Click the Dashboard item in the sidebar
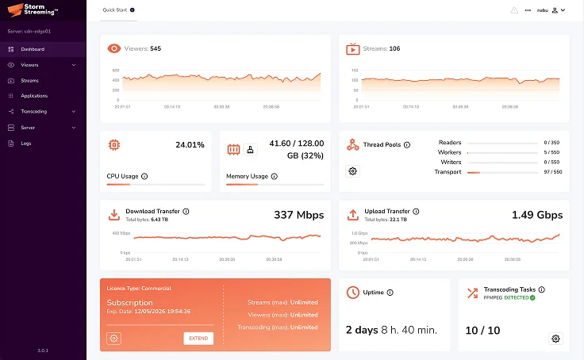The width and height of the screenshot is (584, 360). coord(32,49)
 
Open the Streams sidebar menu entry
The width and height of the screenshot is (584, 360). coord(29,80)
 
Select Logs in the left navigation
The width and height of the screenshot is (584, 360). coord(26,143)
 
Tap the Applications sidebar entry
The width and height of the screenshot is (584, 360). coord(34,96)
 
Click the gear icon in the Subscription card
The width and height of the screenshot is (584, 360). coord(114,339)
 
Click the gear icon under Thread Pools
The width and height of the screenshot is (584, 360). coord(353,171)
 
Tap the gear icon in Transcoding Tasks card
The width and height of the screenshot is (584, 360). coord(555,339)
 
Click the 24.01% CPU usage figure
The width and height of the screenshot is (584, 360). coord(190,145)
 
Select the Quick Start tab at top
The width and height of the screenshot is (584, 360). coord(116,10)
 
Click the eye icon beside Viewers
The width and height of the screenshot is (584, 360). coord(114,48)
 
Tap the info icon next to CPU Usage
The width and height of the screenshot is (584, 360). coord(144,176)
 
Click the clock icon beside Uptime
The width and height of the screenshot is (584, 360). coord(353,292)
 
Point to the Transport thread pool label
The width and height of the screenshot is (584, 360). coord(448,171)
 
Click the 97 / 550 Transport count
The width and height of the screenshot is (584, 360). coord(551,171)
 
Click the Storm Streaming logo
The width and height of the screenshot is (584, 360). coord(36,11)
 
